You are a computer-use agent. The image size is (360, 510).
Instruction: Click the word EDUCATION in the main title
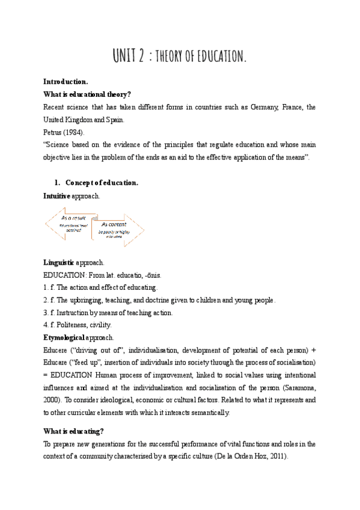pos(221,58)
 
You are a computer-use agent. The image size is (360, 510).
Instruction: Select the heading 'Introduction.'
pos(66,81)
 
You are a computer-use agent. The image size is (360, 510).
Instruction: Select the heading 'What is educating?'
pos(73,431)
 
